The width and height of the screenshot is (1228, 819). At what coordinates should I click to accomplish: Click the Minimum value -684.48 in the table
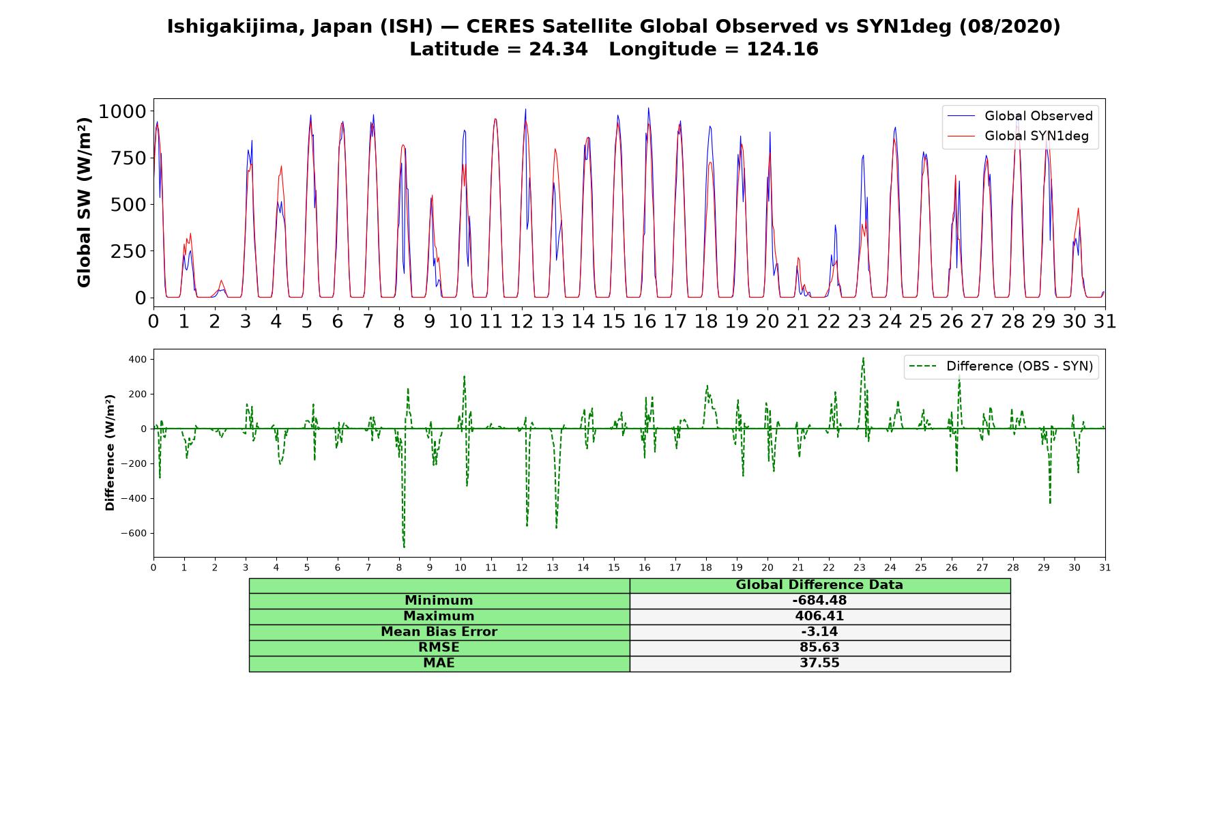click(x=819, y=601)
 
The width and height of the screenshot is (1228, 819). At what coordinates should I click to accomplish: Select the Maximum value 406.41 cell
click(x=819, y=616)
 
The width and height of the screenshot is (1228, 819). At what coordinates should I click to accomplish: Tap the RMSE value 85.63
click(x=819, y=648)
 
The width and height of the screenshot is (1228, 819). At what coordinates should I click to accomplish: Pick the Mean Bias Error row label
click(x=439, y=632)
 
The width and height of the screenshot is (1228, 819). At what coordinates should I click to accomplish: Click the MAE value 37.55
click(x=819, y=663)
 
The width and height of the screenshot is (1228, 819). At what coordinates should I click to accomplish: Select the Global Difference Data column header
click(x=819, y=585)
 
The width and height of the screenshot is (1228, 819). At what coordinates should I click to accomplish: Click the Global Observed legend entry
click(x=1020, y=116)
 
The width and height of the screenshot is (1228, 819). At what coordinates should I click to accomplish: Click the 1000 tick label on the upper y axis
click(x=122, y=111)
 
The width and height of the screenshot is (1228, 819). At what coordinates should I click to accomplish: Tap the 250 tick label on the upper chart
click(x=128, y=251)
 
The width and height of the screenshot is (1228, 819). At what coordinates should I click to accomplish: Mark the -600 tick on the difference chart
click(x=134, y=534)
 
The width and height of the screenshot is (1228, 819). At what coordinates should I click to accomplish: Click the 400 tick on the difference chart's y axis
click(x=139, y=359)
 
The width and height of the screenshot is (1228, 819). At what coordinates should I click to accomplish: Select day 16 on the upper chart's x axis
click(x=645, y=321)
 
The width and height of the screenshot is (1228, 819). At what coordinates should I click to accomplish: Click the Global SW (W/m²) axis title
click(x=84, y=203)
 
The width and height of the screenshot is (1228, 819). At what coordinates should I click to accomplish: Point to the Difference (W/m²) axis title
click(x=110, y=452)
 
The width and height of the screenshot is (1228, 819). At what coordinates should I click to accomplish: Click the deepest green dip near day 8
click(x=404, y=547)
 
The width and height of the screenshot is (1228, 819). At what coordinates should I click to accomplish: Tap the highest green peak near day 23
click(x=863, y=358)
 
